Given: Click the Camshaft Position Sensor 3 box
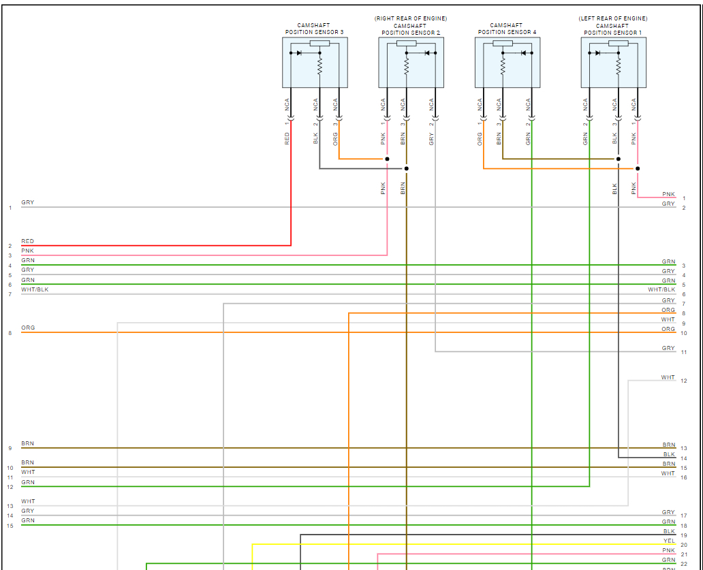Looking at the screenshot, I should [x=315, y=62].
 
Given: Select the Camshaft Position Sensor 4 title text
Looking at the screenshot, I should [x=507, y=29].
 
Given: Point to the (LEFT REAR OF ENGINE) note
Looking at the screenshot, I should [x=613, y=18].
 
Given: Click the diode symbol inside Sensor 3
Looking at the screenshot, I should [x=300, y=52].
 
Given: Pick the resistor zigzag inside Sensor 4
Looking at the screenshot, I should [x=502, y=65].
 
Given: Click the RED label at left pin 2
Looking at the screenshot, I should [x=27, y=242].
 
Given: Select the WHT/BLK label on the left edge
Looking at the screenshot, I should [x=35, y=290].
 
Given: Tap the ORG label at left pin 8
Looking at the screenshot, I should [x=28, y=328].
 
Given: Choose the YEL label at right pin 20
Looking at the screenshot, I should [x=669, y=541].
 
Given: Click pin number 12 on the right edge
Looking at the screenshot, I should [x=683, y=381].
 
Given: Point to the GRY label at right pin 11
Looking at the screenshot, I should [x=668, y=349].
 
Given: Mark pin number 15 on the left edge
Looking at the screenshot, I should [x=10, y=526].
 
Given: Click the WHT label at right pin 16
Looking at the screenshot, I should [x=668, y=473].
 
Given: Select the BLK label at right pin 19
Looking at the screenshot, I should [x=669, y=531].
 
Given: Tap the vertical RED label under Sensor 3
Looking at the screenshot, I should [x=287, y=138].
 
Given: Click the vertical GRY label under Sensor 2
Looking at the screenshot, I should [x=431, y=138].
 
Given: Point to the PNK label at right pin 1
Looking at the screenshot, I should [x=668, y=195].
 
